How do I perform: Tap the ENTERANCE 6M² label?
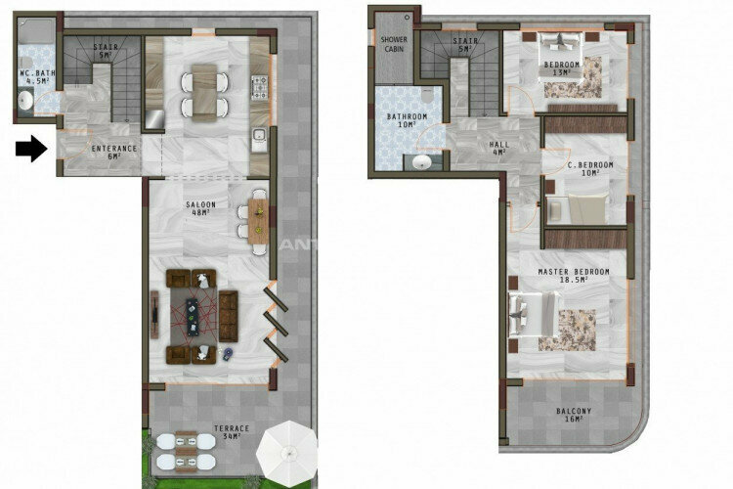coord(113,152)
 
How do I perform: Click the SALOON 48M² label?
coord(200,208)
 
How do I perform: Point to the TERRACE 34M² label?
coord(233,432)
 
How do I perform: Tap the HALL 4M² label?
coord(498,148)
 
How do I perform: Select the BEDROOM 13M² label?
coord(562,68)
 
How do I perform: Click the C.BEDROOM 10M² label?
coord(589,170)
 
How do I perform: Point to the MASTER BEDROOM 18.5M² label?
coord(574,275)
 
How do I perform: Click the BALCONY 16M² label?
coord(573,415)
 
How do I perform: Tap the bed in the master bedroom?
coord(534,315)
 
